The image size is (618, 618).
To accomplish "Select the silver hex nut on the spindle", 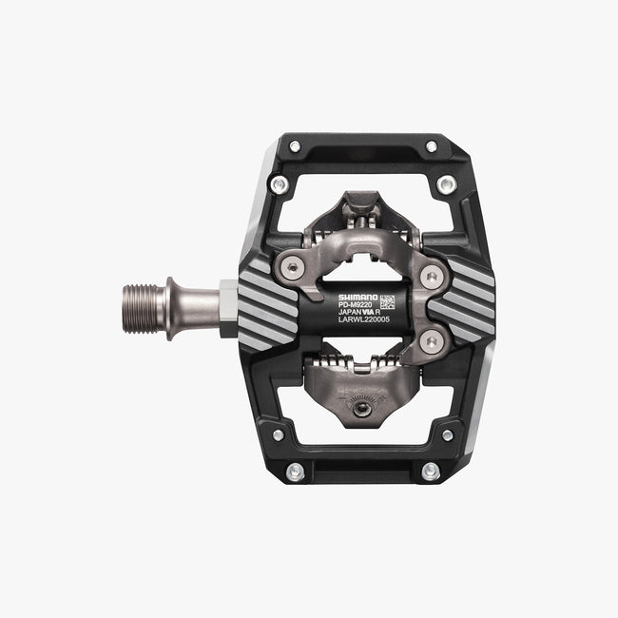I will pos(227,309).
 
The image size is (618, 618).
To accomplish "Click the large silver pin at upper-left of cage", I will pos(278,184).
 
